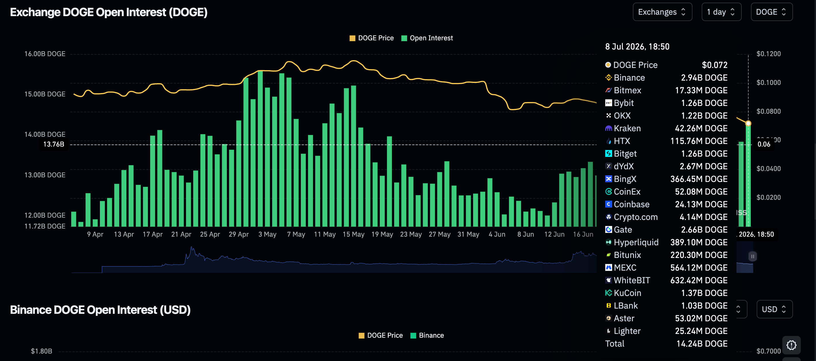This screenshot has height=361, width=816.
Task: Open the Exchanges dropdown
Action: (662, 12)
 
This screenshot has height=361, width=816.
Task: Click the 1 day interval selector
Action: (721, 12)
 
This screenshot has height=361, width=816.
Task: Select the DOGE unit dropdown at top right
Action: (772, 12)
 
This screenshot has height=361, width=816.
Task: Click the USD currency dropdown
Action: (775, 309)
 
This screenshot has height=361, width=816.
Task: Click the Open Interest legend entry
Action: (427, 38)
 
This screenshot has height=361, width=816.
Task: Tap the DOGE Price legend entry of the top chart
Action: (371, 38)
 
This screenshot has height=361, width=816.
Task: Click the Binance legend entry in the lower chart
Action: (427, 335)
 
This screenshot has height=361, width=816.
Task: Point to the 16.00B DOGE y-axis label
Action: (45, 54)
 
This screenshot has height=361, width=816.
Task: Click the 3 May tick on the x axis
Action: (267, 234)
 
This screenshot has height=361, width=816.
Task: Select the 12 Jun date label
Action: (554, 234)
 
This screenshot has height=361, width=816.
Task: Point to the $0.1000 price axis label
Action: (768, 83)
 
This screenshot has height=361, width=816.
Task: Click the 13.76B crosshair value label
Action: (54, 145)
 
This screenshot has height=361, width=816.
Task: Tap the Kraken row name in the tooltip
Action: (627, 128)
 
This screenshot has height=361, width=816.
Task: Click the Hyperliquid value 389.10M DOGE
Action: (699, 242)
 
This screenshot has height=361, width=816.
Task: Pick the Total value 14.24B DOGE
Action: (702, 344)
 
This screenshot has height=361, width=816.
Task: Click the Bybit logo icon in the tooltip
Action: (608, 103)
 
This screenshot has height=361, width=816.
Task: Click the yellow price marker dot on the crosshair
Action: (748, 124)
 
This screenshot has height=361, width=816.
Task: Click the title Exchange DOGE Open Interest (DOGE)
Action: (109, 12)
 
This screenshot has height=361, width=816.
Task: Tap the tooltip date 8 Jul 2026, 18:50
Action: (637, 47)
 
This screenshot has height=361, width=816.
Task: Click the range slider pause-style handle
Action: (753, 256)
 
